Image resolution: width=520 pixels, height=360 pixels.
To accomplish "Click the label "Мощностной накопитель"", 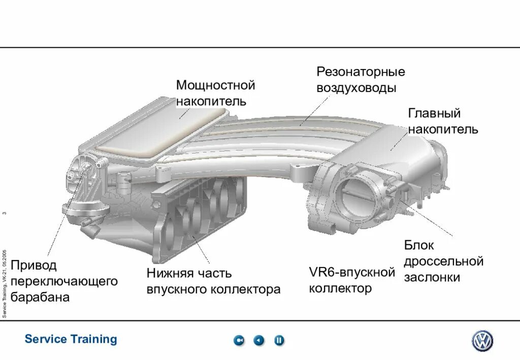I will click(x=215, y=93).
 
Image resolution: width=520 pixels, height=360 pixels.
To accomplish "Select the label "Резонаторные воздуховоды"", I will click(x=361, y=80).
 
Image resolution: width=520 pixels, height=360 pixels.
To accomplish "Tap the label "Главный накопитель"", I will click(x=443, y=121).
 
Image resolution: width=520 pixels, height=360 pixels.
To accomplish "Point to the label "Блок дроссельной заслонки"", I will click(x=443, y=261).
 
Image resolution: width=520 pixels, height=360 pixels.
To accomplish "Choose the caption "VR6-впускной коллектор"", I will click(x=352, y=280).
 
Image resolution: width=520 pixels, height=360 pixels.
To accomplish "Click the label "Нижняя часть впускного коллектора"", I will click(x=213, y=281).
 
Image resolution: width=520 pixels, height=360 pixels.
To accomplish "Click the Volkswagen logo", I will click(x=482, y=341).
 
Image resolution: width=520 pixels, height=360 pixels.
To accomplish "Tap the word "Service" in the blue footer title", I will click(x=46, y=339).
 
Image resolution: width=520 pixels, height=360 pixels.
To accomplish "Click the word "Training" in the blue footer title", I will click(x=94, y=339).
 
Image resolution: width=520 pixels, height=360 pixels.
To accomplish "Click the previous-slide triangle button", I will click(x=259, y=340).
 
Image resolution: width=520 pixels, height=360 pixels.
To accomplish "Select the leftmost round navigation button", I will click(x=239, y=340).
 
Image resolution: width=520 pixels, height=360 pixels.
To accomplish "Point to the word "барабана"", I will click(x=40, y=297).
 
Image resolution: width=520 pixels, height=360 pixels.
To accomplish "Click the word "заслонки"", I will click(x=432, y=278).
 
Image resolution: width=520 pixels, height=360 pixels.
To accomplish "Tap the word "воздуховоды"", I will click(x=356, y=88).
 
